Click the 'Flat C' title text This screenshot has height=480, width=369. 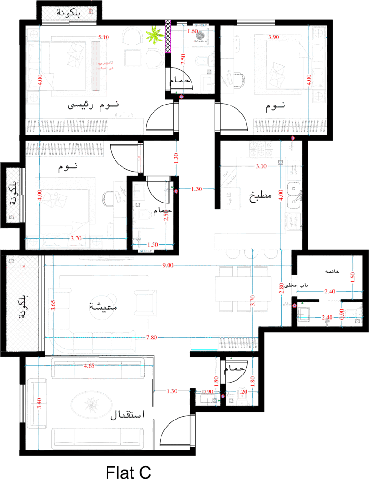point(128,472)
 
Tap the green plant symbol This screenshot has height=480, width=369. point(154,35)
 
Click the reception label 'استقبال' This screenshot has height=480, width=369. point(128,415)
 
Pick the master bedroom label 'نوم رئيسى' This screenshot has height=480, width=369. point(94,105)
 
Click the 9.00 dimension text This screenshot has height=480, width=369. point(168,265)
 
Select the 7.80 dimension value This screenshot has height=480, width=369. point(151,337)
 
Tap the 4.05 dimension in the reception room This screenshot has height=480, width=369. point(89,366)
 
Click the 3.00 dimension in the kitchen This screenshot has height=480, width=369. point(261,166)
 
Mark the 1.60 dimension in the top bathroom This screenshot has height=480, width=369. point(192,31)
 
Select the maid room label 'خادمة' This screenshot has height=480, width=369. point(331,271)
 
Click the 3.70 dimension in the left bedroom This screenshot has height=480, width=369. point(76,239)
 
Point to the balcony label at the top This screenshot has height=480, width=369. point(69,13)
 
